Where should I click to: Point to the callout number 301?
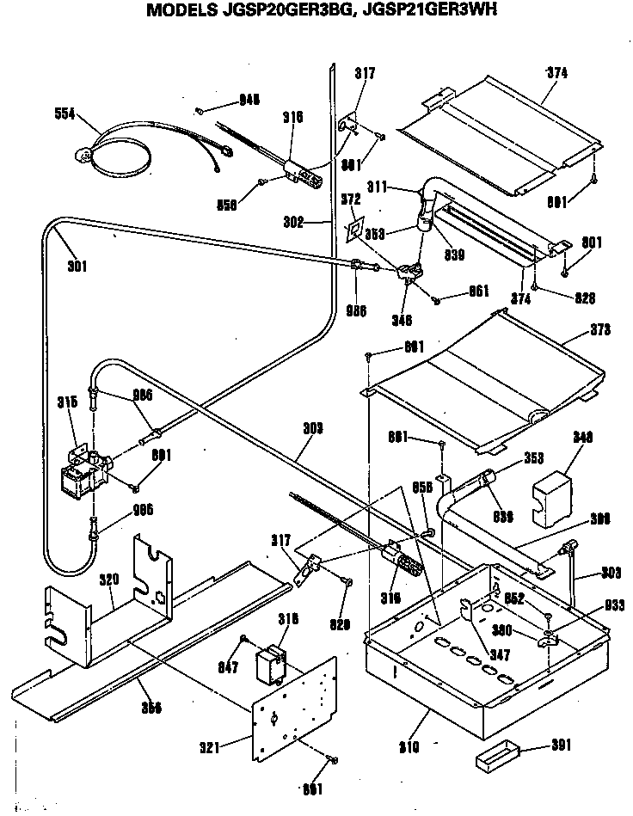(x=78, y=266)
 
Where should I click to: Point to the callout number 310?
(x=409, y=746)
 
